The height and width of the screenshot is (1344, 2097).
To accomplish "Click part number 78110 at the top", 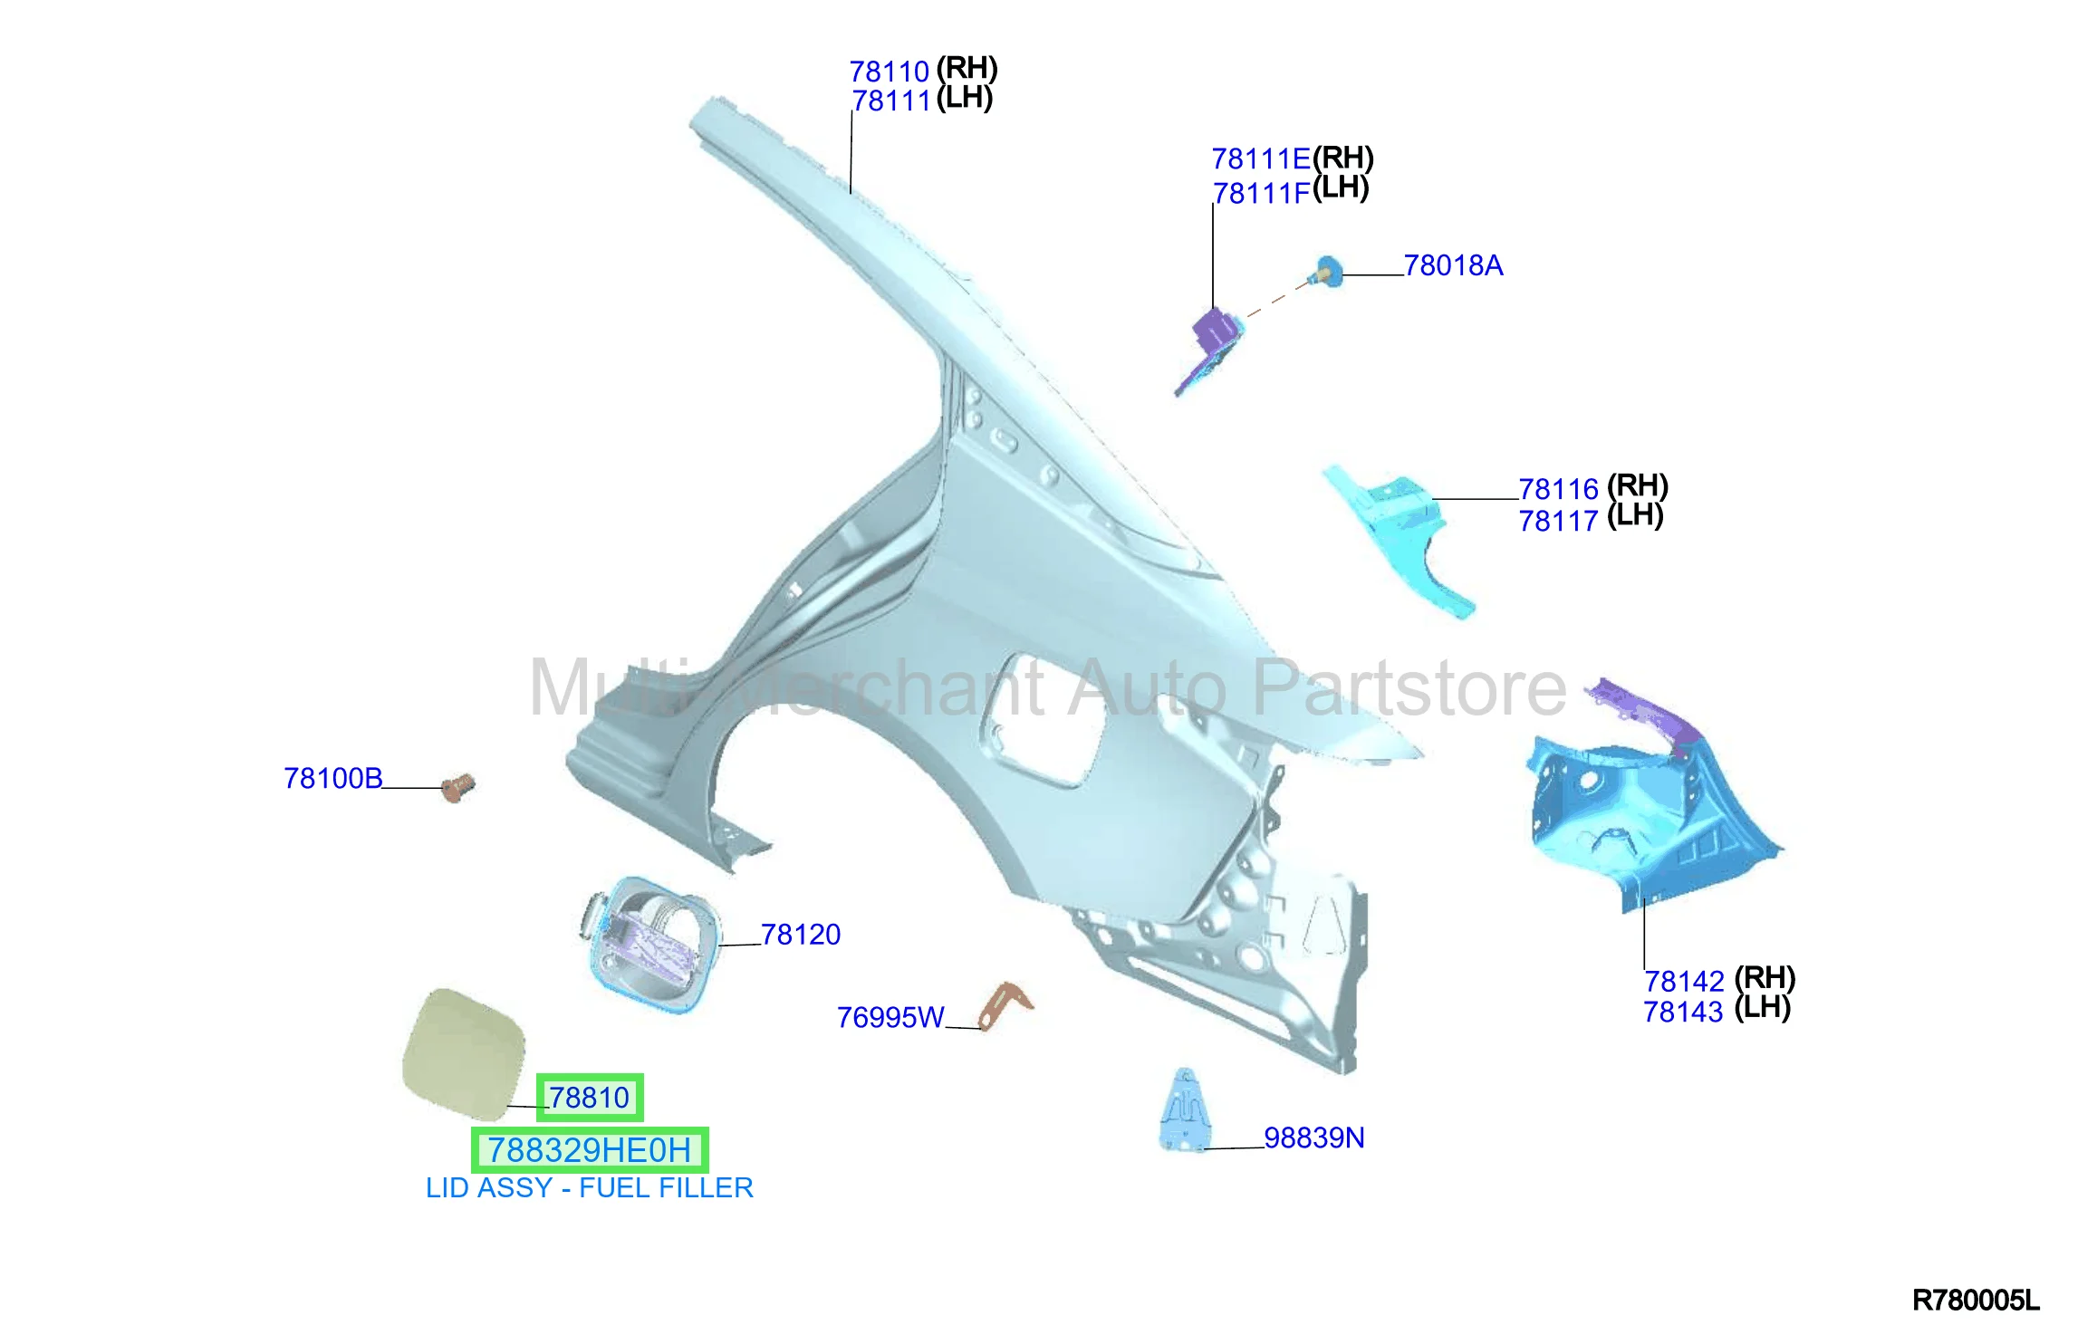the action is coord(890,71).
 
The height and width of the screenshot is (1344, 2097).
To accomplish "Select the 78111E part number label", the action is coord(1261,159).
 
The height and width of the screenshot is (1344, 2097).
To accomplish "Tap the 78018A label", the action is coord(1453,265).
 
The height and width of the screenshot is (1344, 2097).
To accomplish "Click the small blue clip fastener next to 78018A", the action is coord(1328,272).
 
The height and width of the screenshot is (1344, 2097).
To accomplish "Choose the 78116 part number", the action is coord(1558,489).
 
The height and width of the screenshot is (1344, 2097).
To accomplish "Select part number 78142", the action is coord(1684,981).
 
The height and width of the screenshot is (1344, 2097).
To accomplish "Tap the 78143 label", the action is coord(1683,1012).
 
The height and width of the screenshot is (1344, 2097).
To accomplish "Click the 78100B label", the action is coord(333,778).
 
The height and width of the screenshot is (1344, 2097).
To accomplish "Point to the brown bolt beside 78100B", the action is coord(458,787).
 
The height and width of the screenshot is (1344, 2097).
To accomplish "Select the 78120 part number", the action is coord(801,934).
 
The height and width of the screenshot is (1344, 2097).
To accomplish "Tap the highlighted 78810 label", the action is coord(590,1098).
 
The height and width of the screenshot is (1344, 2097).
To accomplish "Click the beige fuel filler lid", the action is coord(464,1054).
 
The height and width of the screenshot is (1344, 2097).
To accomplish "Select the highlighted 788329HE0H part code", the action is coord(590,1150).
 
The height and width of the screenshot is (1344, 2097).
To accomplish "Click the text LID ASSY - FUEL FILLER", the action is coord(590,1187).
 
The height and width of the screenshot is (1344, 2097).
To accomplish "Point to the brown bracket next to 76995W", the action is coord(1005,1005).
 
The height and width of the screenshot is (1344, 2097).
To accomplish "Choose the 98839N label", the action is coord(1314,1138).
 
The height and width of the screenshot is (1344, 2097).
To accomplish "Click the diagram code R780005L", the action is coord(1976,1301).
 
